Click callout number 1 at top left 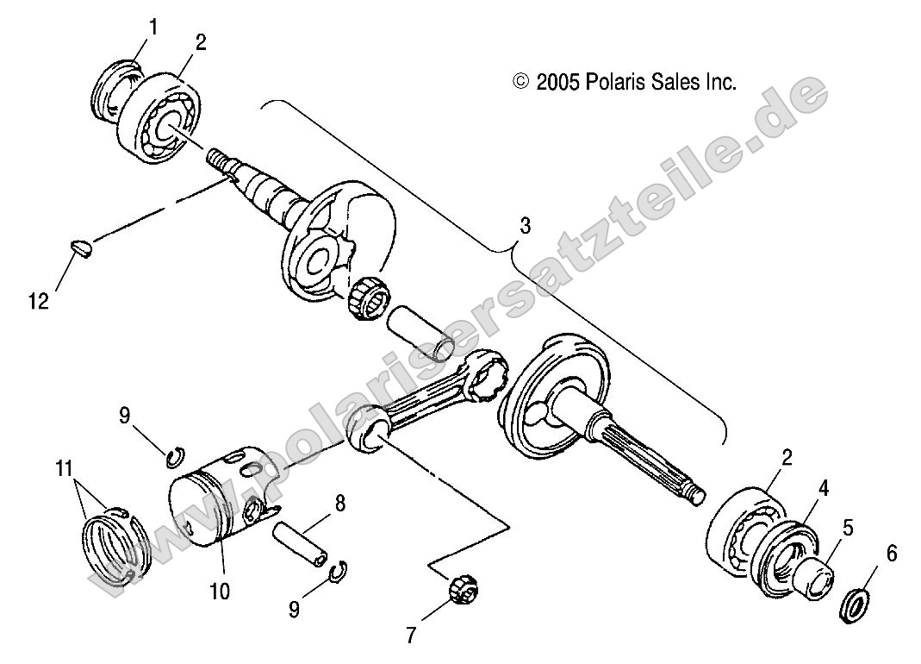[x=152, y=27]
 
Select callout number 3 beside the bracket [x=525, y=226]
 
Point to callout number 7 [x=411, y=636]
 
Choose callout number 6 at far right [x=891, y=554]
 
